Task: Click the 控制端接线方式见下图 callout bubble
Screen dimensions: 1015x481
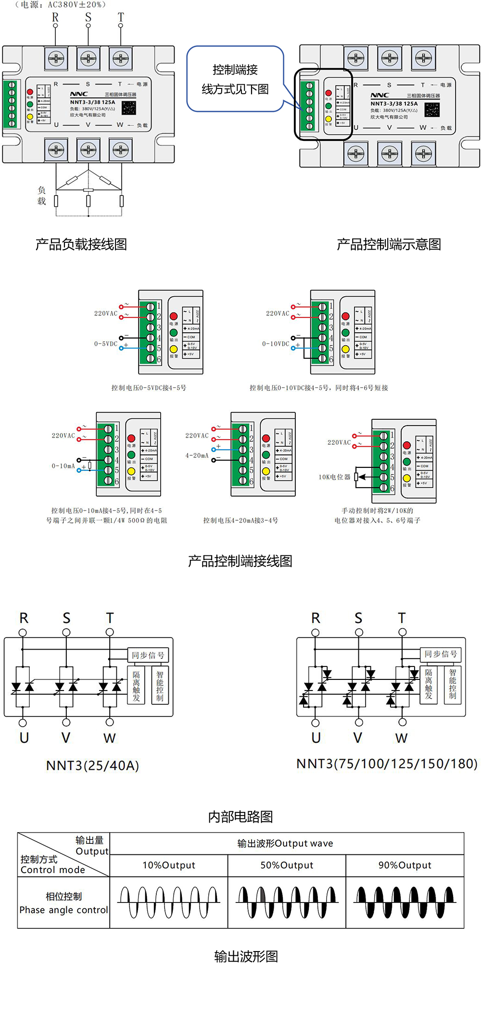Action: tap(235, 79)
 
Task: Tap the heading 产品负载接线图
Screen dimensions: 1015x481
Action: tap(81, 244)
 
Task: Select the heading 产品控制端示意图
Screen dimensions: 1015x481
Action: tap(389, 244)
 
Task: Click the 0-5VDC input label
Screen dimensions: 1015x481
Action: tap(106, 344)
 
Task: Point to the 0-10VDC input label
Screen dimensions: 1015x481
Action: tap(276, 344)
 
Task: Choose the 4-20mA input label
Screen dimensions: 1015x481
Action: tap(197, 455)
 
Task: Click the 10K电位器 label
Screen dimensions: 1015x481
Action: tap(334, 477)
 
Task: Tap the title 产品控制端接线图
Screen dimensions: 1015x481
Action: tap(240, 561)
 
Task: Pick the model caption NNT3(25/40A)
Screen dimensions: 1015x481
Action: tap(92, 765)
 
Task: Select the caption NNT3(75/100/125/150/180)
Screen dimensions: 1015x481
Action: tap(387, 764)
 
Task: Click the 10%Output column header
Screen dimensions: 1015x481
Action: tap(169, 865)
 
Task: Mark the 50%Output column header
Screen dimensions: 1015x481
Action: tap(287, 865)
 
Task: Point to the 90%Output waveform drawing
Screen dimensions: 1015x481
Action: tap(405, 902)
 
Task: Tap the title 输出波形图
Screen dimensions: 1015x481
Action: tap(246, 956)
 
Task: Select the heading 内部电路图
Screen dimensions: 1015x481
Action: tap(240, 816)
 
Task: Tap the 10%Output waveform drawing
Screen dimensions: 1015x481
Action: tap(169, 902)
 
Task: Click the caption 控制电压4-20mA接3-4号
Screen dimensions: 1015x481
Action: tap(240, 520)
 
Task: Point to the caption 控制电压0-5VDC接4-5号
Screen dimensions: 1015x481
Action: tap(149, 388)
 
